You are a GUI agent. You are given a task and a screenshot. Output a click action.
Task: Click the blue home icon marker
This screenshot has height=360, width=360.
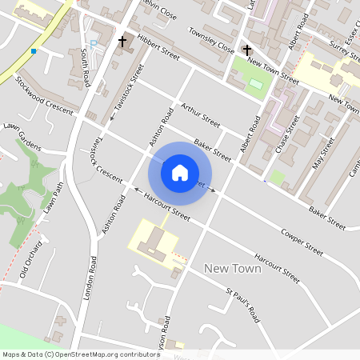[x=180, y=172]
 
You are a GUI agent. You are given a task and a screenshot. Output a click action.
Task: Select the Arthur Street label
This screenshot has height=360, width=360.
[x=200, y=115]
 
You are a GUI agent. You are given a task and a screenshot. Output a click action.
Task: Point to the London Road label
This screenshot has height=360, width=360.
[x=89, y=278]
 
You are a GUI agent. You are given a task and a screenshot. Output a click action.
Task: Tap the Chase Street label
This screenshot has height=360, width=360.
[x=286, y=133]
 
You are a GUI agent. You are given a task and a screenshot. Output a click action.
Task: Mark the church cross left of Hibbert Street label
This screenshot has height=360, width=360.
[x=123, y=41]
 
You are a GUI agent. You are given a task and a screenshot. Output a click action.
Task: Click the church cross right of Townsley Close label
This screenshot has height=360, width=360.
[x=247, y=50]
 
